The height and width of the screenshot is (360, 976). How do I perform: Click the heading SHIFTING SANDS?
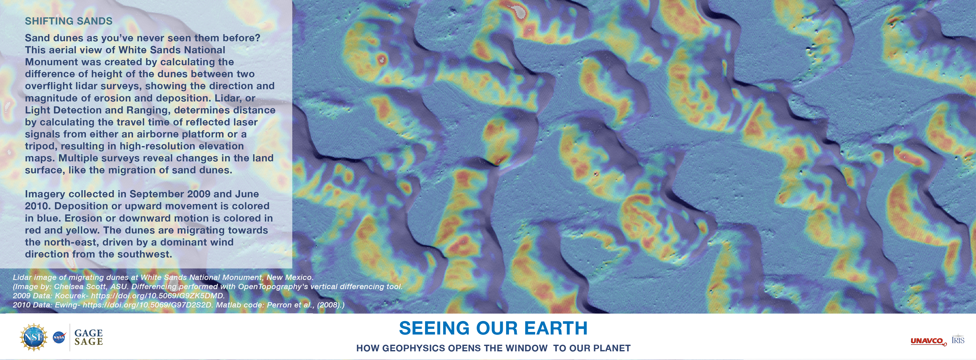pyautogui.click(x=69, y=21)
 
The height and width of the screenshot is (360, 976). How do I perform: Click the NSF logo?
pyautogui.click(x=34, y=337)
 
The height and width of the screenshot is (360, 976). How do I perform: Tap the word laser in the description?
pyautogui.click(x=244, y=122)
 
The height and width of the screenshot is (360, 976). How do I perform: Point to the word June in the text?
pyautogui.click(x=247, y=194)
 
